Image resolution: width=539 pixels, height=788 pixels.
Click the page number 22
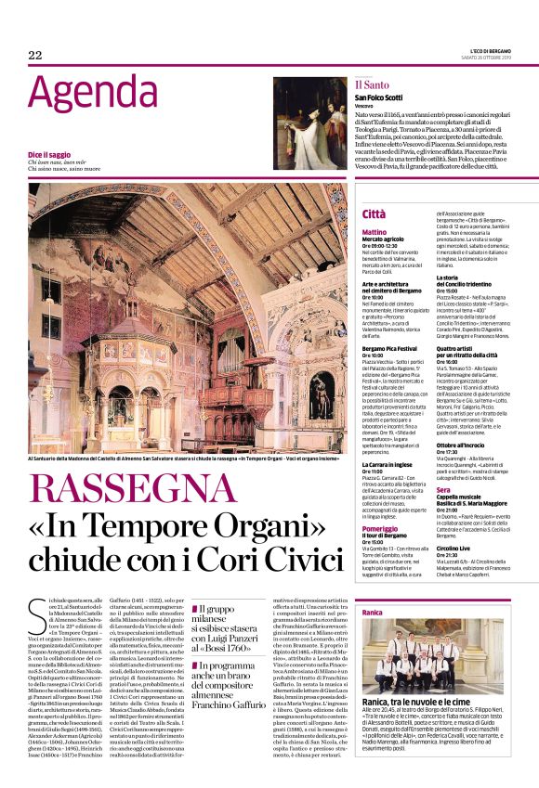(35, 56)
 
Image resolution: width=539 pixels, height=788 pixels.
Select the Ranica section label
(372, 614)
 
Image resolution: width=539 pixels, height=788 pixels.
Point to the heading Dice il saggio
(49, 154)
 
